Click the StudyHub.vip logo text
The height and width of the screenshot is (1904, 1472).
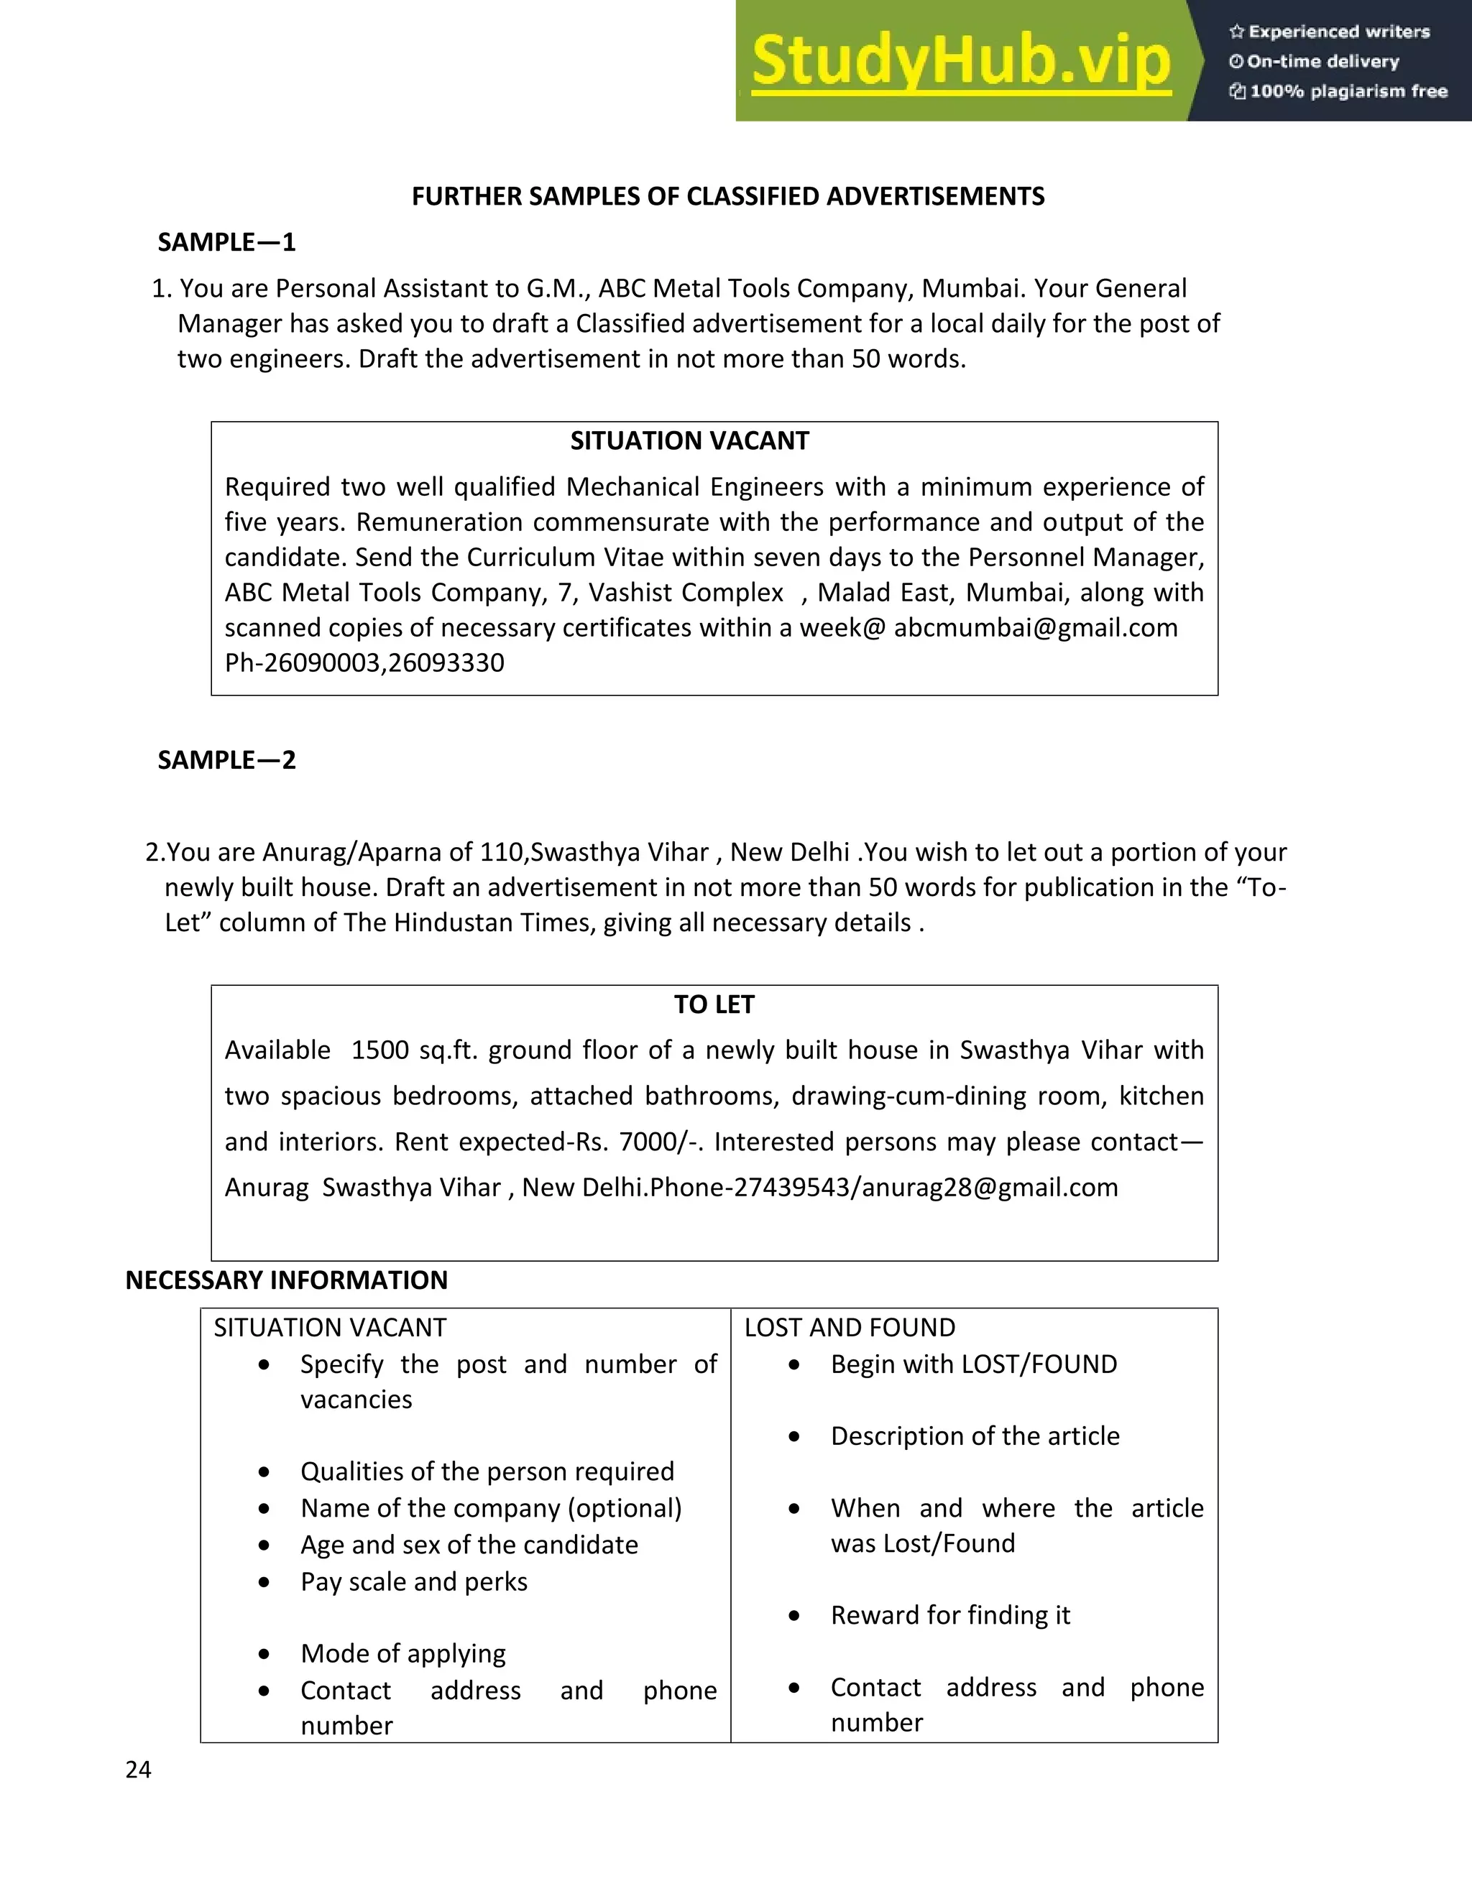pos(960,61)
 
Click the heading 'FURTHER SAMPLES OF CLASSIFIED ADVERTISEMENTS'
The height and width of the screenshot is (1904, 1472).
pos(727,197)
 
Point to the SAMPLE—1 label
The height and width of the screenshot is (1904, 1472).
pos(226,242)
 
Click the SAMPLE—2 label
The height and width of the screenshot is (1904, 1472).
pos(226,760)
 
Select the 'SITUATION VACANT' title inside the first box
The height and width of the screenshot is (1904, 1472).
pos(689,441)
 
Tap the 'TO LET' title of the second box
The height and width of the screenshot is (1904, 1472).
pos(713,1005)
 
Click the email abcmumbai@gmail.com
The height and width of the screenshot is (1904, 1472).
pos(1035,628)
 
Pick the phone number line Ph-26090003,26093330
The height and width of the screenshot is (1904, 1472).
pos(364,663)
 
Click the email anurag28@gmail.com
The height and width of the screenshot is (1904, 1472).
pos(990,1188)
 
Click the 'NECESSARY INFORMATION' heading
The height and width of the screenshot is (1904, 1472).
pos(286,1280)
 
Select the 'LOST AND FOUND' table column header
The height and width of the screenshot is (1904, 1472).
pos(850,1328)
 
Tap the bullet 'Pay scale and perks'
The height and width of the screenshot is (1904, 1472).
pos(414,1582)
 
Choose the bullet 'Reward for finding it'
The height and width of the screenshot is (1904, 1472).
pos(949,1615)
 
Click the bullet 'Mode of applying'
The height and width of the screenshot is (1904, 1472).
pos(403,1654)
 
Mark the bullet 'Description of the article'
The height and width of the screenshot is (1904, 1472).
pos(975,1436)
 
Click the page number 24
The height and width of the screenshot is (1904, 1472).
pos(139,1770)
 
